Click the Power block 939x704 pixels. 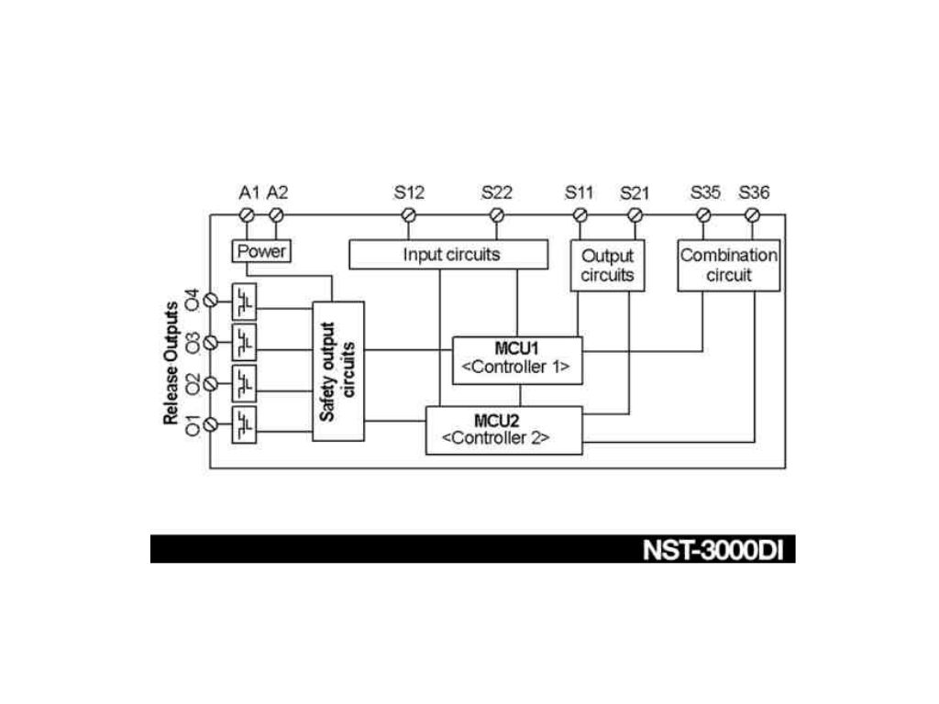262,251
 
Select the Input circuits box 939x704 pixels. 448,254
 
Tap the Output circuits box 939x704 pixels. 607,265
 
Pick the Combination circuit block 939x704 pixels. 729,265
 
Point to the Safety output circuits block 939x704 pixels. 338,370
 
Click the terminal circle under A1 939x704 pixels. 247,215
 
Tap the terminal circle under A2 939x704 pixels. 276,215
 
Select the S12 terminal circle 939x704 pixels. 409,215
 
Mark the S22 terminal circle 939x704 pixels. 497,215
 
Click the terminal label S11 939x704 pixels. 579,192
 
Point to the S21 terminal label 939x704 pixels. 635,192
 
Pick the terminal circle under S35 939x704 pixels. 703,215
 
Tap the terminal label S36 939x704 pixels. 754,192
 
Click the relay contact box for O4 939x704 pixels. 245,302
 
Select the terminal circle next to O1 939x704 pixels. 211,425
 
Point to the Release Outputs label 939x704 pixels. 171,363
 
